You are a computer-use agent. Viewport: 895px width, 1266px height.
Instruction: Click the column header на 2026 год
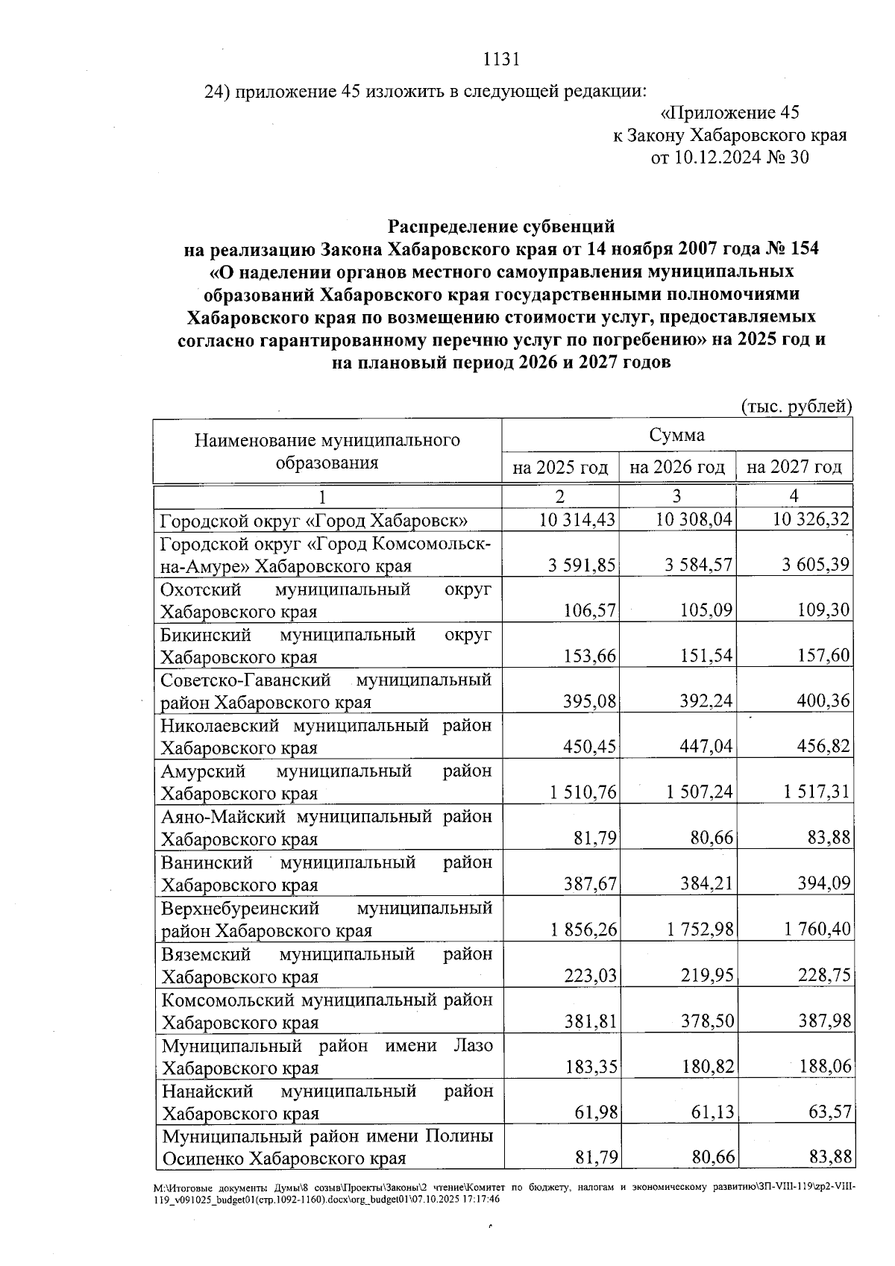point(676,468)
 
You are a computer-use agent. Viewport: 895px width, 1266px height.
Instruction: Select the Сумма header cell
point(676,435)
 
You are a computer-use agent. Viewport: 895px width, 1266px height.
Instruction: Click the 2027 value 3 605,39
point(815,565)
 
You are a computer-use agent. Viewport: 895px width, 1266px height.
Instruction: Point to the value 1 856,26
point(583,930)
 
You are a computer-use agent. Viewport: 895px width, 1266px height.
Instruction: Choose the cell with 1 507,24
point(700,793)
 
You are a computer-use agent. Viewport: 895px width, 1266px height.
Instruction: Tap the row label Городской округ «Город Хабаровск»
point(314,520)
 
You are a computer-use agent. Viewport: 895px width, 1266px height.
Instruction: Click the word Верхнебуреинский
point(240,909)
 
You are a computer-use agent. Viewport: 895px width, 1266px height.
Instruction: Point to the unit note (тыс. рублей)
point(796,407)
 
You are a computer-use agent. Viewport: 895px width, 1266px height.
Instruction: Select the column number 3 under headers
point(676,497)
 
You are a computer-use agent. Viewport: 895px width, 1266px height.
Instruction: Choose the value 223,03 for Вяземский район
point(589,977)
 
